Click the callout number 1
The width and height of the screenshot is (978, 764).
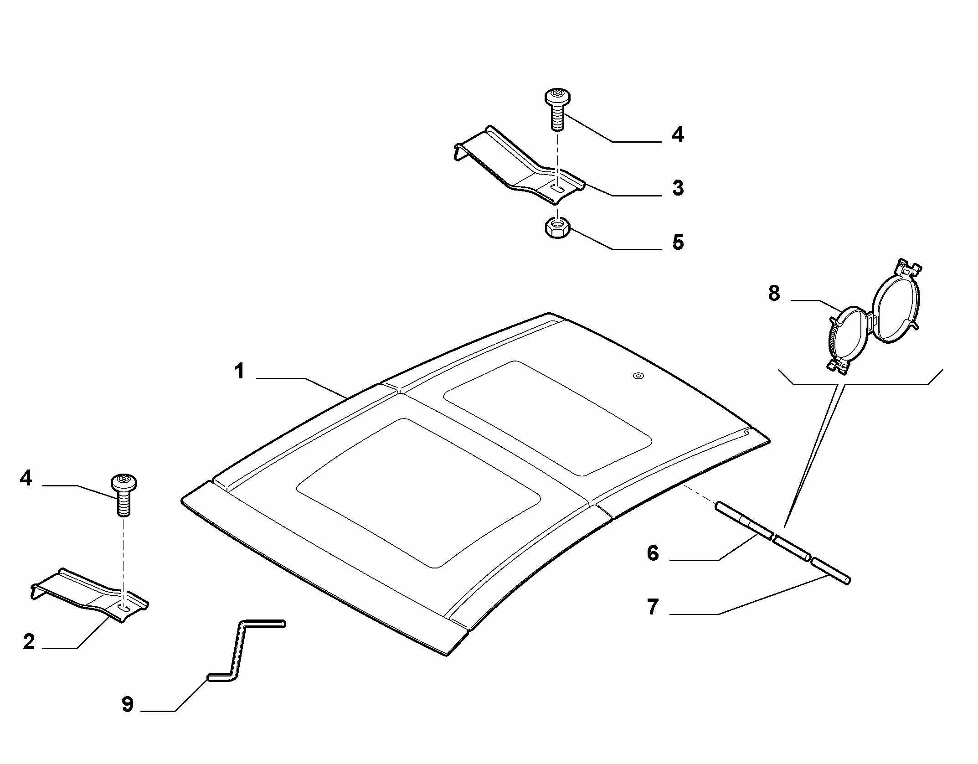239,371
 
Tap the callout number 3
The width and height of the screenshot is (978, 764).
678,188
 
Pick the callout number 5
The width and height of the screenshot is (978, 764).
678,242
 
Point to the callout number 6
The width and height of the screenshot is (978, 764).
653,553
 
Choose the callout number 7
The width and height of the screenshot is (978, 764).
653,607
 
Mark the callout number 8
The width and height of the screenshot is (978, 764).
774,293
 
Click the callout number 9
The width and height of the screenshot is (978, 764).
127,704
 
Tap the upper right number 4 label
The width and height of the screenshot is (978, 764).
678,134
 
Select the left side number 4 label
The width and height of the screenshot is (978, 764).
26,478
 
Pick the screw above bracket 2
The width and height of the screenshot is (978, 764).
124,495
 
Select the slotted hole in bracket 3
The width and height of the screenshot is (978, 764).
558,188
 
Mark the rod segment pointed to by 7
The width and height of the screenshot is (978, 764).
830,570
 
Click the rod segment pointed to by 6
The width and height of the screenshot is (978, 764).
744,520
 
